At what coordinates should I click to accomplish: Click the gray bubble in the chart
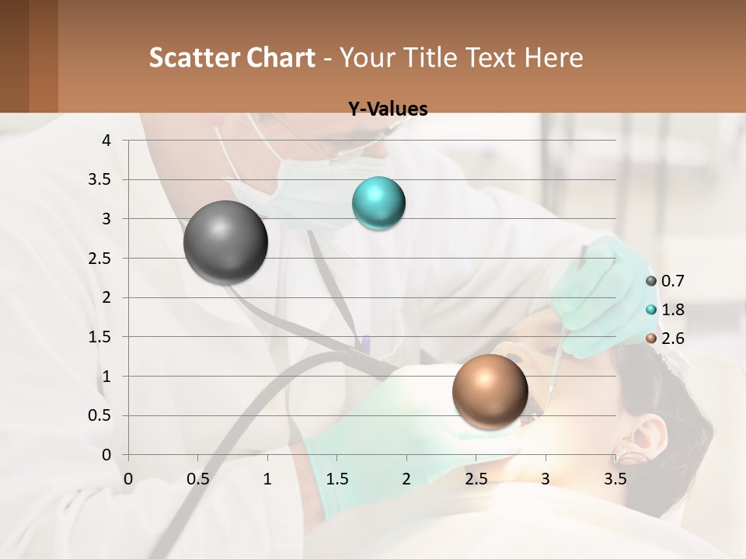[x=225, y=242]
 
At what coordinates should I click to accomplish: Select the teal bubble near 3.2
[x=378, y=203]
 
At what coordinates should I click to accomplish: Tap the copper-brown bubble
[x=490, y=391]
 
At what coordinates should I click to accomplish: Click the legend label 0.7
[x=672, y=281]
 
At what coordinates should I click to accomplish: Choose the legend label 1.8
[x=672, y=310]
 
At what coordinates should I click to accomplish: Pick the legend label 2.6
[x=672, y=339]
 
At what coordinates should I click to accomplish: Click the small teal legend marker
[x=651, y=310]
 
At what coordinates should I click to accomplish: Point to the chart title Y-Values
[x=388, y=109]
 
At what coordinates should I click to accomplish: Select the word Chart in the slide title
[x=279, y=57]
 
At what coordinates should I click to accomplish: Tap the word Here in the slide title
[x=553, y=57]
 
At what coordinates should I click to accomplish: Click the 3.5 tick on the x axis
[x=615, y=479]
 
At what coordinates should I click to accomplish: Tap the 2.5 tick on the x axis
[x=476, y=479]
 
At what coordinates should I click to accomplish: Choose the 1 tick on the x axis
[x=267, y=479]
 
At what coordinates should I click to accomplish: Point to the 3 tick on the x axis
[x=546, y=479]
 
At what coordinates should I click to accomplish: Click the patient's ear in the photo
[x=645, y=435]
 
